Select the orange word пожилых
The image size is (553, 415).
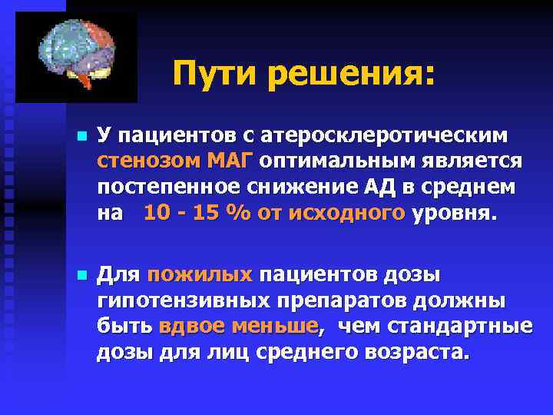tap(200, 275)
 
